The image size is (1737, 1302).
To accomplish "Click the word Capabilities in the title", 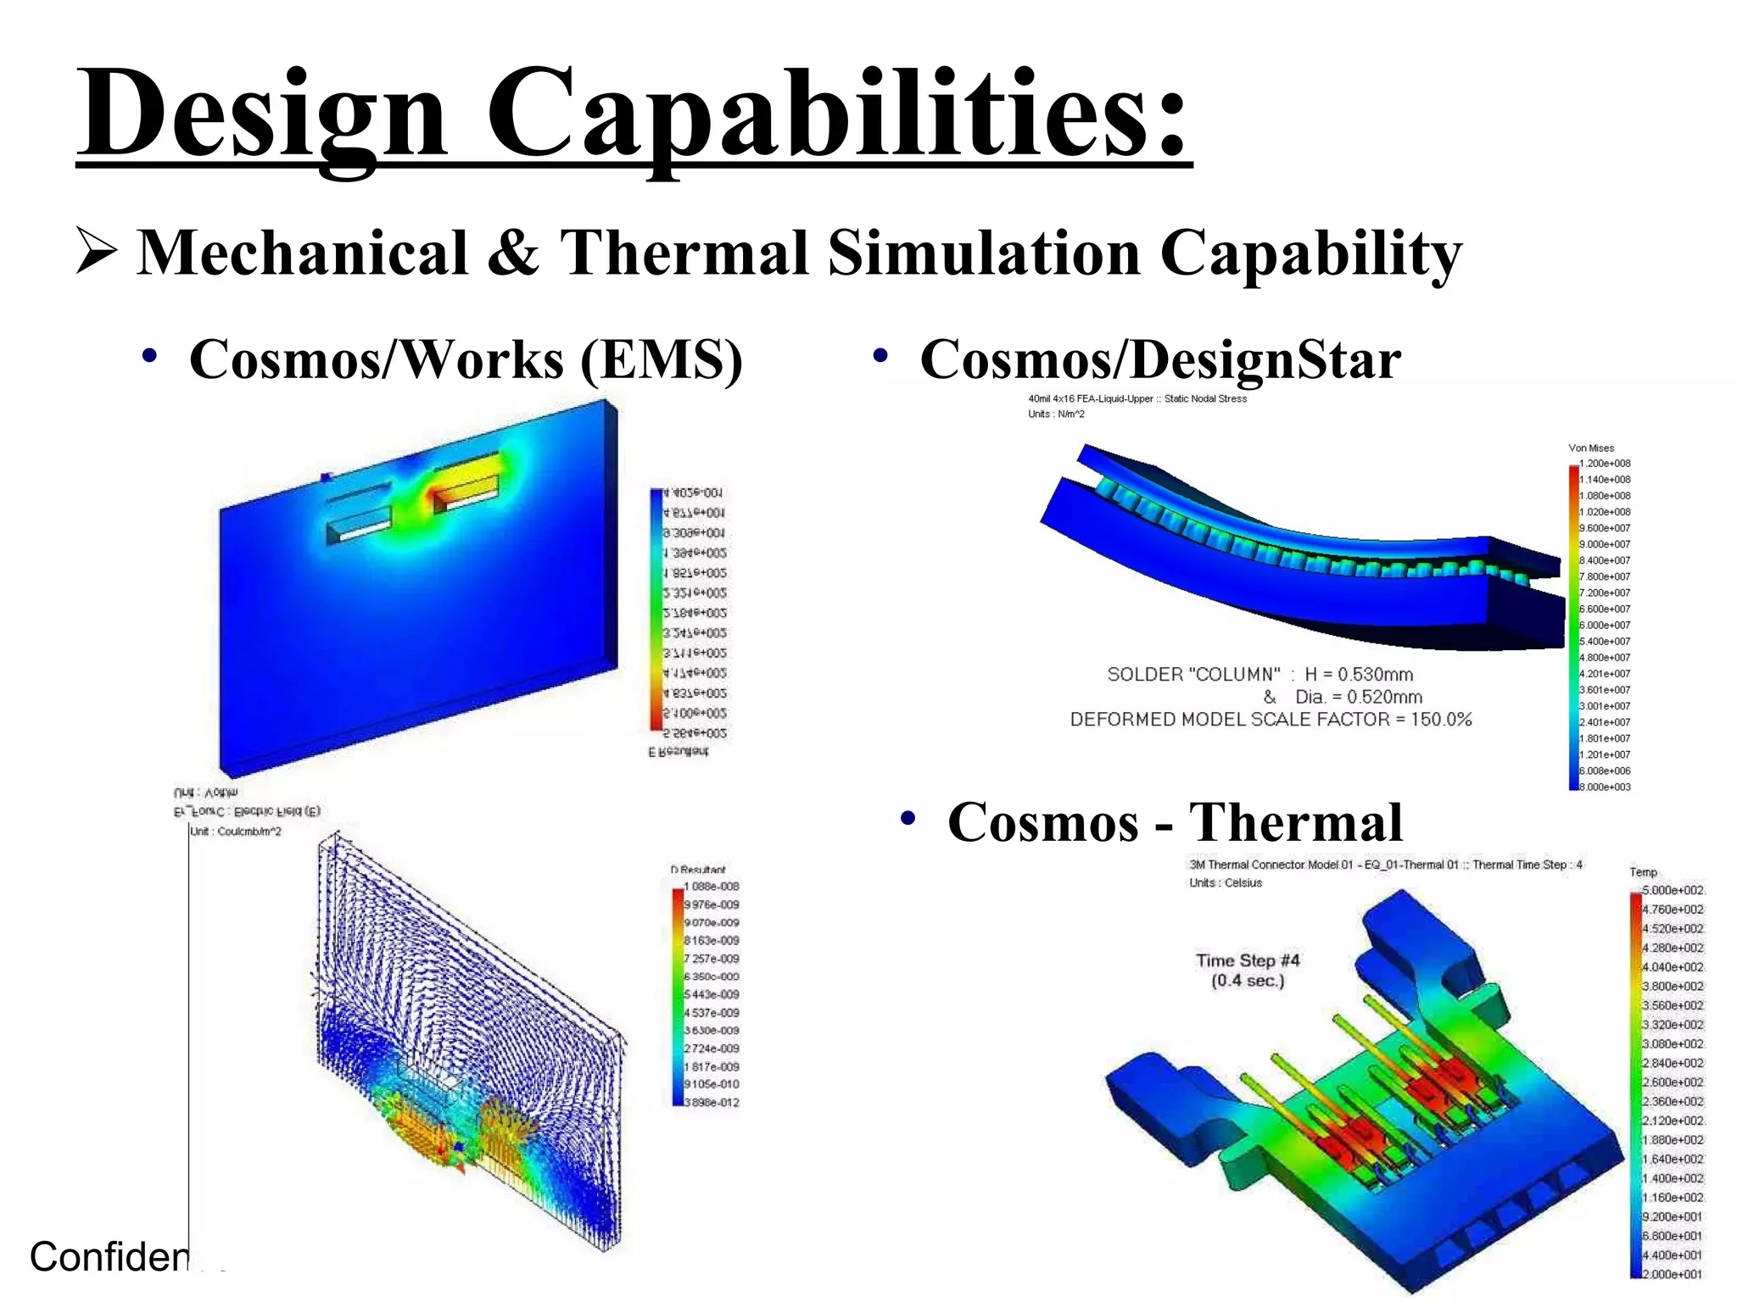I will point(835,114).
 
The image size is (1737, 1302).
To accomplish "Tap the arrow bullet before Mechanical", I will point(95,251).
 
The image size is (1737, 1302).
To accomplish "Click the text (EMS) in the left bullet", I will point(662,359).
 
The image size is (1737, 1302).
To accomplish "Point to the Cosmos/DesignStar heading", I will point(1159,359).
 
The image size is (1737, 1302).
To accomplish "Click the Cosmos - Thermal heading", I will point(1175,822).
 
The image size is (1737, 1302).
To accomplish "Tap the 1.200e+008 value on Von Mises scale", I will point(1605,464).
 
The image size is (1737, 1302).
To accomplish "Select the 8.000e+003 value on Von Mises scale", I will point(1605,787).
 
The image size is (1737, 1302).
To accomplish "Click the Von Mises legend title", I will point(1591,448).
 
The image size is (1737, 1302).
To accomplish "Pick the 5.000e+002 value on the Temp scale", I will point(1673,890).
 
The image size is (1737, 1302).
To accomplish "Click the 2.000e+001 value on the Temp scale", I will point(1673,1274).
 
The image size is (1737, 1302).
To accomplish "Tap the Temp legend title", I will point(1643,872).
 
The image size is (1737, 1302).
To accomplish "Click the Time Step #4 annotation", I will point(1248,960).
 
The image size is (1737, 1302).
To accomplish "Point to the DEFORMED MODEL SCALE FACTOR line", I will point(1271,720).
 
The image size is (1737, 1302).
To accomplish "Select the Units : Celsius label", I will point(1226,883).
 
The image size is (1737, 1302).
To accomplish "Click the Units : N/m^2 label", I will point(1056,415).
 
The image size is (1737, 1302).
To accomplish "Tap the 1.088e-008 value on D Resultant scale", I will point(712,887).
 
